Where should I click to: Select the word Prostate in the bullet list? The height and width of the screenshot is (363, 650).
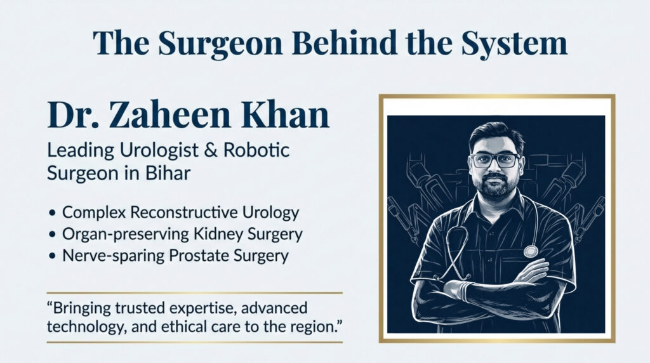coord(204,256)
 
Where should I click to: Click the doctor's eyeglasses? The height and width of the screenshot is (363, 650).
coord(495,160)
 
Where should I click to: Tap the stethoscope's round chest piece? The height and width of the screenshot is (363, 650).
coord(531,251)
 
